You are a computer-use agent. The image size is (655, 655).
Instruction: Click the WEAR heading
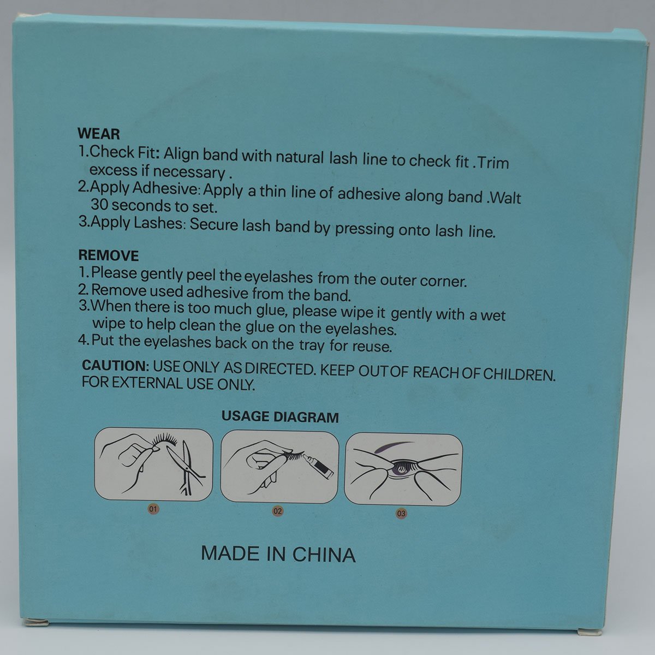(x=99, y=134)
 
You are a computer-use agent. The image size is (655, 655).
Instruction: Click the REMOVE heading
(x=109, y=255)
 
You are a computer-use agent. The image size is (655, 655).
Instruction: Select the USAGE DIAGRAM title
(x=280, y=417)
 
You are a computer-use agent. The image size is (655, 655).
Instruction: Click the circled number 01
(x=153, y=509)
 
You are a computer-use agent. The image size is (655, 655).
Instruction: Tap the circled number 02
(x=278, y=511)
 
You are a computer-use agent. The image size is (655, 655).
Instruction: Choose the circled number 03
(x=401, y=513)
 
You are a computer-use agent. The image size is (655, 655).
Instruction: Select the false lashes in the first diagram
(x=165, y=440)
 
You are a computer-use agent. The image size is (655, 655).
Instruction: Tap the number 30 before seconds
(x=99, y=205)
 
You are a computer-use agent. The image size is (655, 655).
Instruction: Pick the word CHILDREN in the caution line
(x=519, y=374)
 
